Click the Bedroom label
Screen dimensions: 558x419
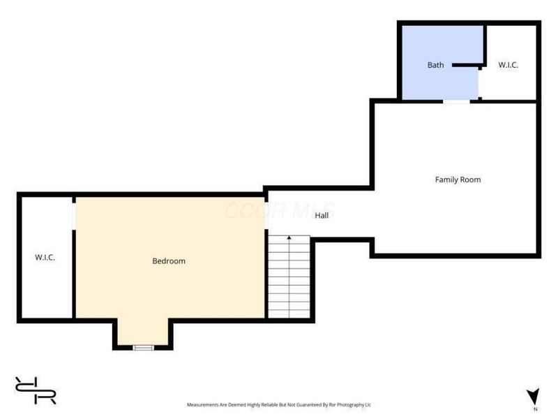point(169,261)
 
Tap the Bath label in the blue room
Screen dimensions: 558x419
point(435,65)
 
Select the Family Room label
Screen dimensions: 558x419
point(458,179)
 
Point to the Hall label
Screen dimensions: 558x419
point(322,215)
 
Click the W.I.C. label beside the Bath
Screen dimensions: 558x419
point(508,65)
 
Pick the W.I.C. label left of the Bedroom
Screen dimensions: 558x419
point(45,257)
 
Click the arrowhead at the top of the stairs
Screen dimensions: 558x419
point(289,237)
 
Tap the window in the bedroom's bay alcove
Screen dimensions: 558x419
point(144,347)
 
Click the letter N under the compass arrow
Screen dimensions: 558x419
point(535,409)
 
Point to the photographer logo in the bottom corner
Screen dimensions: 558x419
point(36,390)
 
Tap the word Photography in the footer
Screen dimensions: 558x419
point(351,405)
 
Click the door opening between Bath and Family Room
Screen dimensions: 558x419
point(457,101)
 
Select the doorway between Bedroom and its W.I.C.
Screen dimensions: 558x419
point(74,216)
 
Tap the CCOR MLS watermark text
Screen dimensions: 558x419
point(280,210)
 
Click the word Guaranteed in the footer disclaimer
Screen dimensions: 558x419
point(309,405)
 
